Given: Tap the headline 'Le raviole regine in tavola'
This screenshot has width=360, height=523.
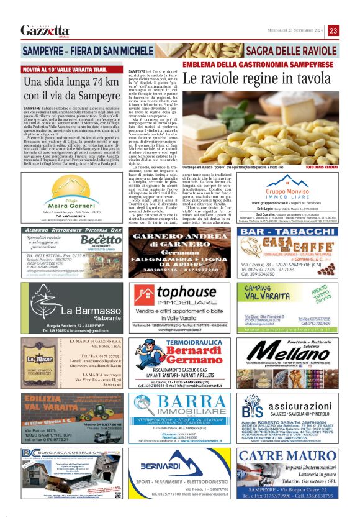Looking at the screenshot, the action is pos(256,80).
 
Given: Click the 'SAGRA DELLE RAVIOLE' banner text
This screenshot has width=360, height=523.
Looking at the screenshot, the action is pos(295,49).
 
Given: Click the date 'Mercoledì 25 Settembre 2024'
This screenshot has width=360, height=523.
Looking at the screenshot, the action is pos(290,30).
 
